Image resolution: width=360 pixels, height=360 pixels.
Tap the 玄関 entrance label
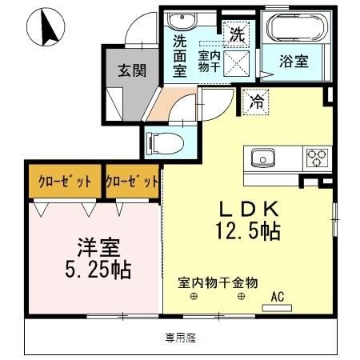coord(133,70)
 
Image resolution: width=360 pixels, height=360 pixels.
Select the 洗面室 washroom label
coord(180,57)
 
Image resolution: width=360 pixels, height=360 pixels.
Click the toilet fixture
coord(166,143)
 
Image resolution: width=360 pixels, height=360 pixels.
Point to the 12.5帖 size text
coord(248,233)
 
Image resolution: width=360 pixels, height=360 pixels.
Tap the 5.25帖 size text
coord(94,269)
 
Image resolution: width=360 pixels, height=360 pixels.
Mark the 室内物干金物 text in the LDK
coord(218,282)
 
